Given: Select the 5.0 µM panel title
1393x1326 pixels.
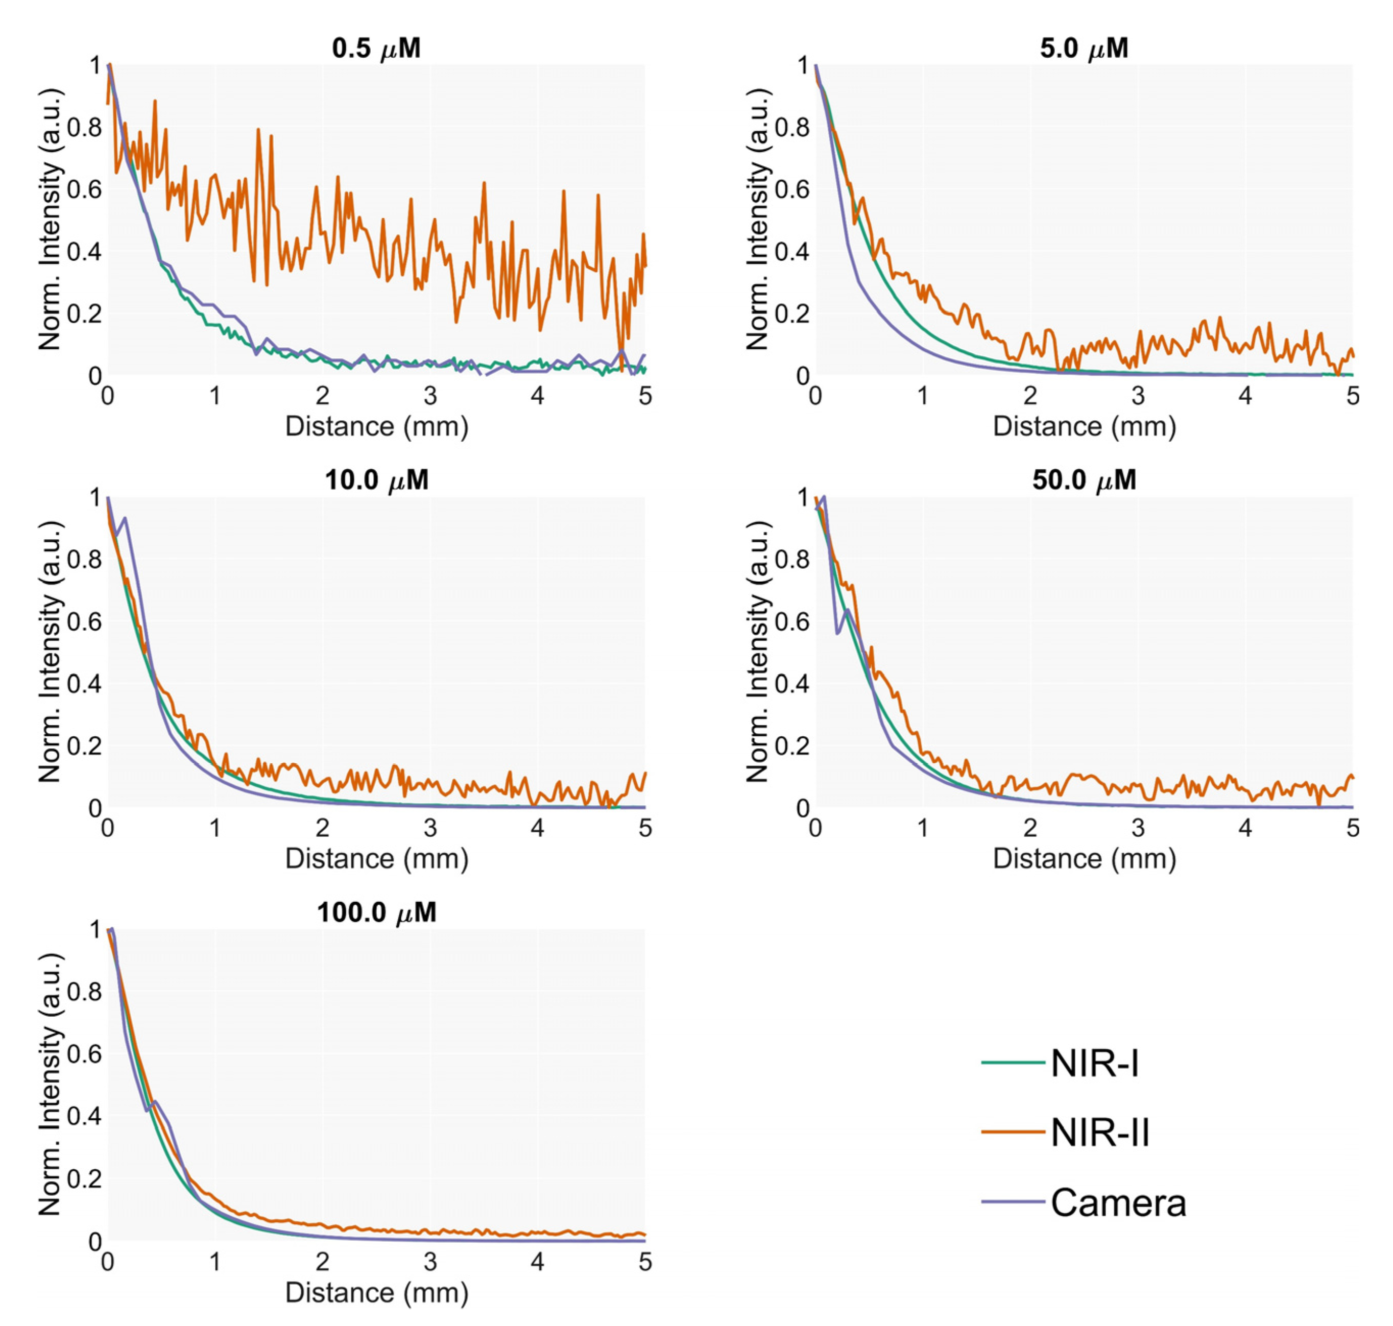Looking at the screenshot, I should point(1084,48).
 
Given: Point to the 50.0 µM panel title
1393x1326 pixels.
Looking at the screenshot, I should point(1084,480).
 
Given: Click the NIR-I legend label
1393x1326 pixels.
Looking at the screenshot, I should point(1094,1063).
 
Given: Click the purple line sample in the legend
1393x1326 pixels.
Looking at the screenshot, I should point(1012,1201).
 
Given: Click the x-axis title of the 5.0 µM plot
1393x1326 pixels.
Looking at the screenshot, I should point(1084,426).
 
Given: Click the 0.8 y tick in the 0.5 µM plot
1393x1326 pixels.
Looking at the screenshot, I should point(85,127).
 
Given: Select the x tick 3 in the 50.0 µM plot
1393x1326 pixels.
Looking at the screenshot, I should point(1137,828).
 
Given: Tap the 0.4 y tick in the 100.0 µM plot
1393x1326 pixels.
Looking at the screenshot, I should point(85,1117).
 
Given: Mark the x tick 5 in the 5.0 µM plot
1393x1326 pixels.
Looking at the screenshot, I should point(1352,396).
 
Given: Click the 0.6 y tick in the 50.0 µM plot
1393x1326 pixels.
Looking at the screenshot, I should point(792,621).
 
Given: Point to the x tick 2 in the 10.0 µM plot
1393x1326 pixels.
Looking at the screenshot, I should point(322,828).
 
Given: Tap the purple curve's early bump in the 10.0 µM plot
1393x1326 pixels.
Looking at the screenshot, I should point(125,518).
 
